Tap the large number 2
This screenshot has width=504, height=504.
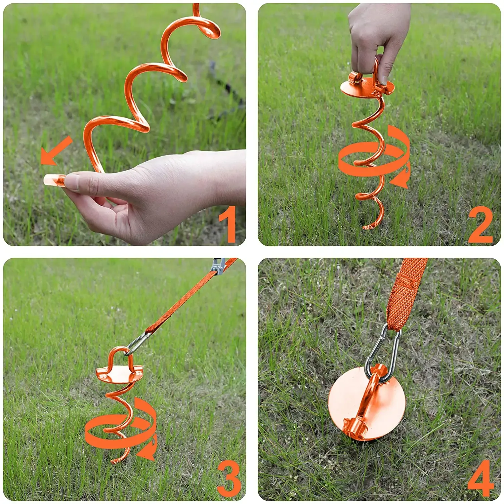(x=480, y=224)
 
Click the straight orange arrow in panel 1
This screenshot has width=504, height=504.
(x=56, y=151)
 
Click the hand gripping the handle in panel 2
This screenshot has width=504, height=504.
(x=378, y=37)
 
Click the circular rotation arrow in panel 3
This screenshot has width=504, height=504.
(x=121, y=430)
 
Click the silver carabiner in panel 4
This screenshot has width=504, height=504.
(x=383, y=353)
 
